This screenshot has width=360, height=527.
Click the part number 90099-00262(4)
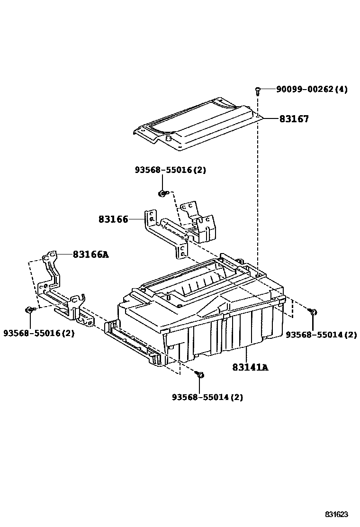(312, 89)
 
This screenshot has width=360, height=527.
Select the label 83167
(294, 119)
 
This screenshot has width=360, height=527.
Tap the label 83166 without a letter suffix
(113, 219)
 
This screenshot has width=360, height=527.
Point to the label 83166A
(90, 254)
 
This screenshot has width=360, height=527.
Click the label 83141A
(250, 367)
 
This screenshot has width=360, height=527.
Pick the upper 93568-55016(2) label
(170, 170)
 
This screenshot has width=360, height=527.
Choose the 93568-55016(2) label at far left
(39, 333)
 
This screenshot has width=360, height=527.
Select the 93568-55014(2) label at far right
(321, 335)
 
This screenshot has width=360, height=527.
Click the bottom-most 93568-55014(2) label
(207, 397)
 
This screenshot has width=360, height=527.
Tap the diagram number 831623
(336, 514)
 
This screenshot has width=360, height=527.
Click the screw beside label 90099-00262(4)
(258, 90)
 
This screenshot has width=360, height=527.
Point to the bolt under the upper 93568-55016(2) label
(162, 193)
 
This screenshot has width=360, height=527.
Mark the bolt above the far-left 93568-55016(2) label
(29, 309)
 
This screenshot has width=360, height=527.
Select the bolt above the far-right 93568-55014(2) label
(313, 313)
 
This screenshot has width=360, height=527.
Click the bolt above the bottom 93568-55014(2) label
(200, 374)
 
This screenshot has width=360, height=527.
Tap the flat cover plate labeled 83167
(197, 124)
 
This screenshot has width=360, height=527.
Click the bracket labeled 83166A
(64, 292)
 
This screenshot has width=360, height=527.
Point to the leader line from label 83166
(137, 219)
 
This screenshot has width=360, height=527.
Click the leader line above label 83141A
(247, 355)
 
